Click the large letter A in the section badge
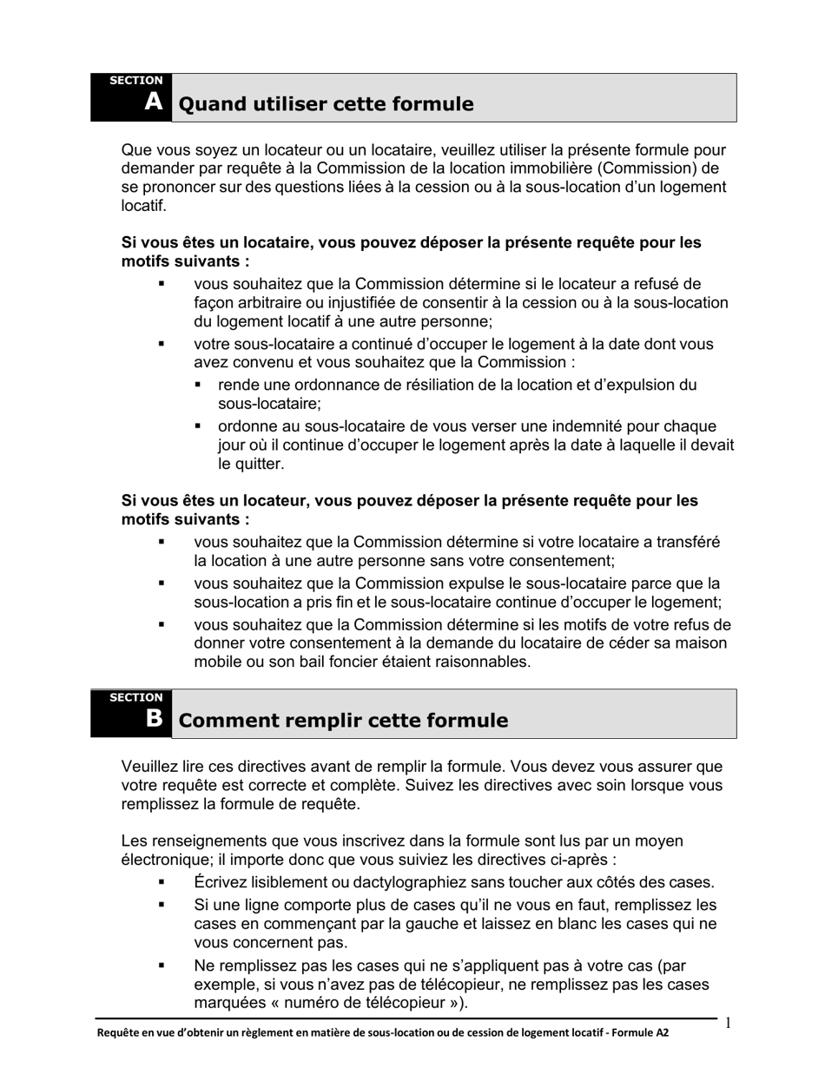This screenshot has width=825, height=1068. (x=154, y=102)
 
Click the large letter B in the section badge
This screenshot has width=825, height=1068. (x=154, y=718)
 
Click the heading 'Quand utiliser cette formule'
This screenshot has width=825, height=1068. (x=326, y=104)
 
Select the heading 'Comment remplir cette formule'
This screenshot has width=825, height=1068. (x=343, y=721)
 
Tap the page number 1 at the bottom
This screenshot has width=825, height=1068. (x=728, y=1023)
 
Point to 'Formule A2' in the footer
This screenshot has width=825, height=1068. (x=643, y=1033)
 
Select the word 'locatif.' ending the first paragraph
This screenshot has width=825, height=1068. (x=143, y=206)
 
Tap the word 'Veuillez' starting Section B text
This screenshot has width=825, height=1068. (x=149, y=767)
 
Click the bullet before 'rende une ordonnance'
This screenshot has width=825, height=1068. (x=198, y=385)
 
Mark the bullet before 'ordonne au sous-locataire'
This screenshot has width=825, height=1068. (x=198, y=426)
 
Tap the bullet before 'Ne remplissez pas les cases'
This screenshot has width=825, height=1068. (x=161, y=966)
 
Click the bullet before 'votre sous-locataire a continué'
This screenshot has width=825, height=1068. (x=161, y=344)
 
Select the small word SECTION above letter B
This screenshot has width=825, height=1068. (x=135, y=697)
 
